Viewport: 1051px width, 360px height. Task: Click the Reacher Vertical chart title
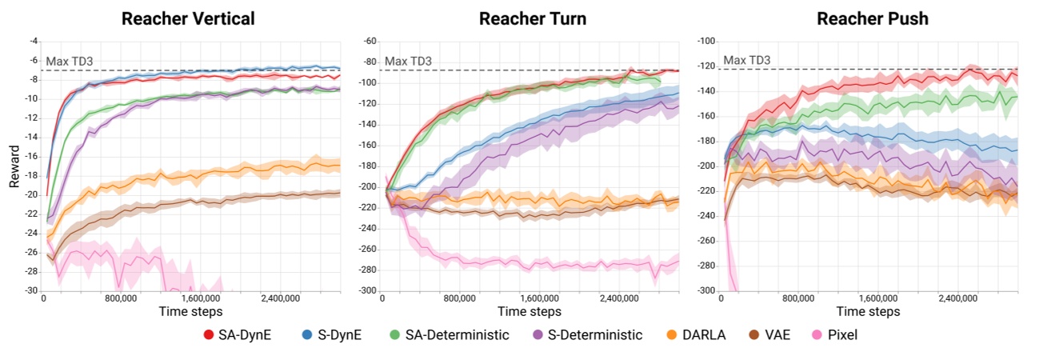188,18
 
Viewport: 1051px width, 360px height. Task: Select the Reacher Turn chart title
533,18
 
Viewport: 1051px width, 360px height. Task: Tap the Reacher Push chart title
872,18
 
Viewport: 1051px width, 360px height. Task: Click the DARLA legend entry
695,334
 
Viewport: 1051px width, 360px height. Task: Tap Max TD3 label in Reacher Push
747,61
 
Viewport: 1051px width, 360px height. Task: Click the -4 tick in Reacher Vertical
33,41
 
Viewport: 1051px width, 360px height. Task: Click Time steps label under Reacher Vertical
190,311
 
